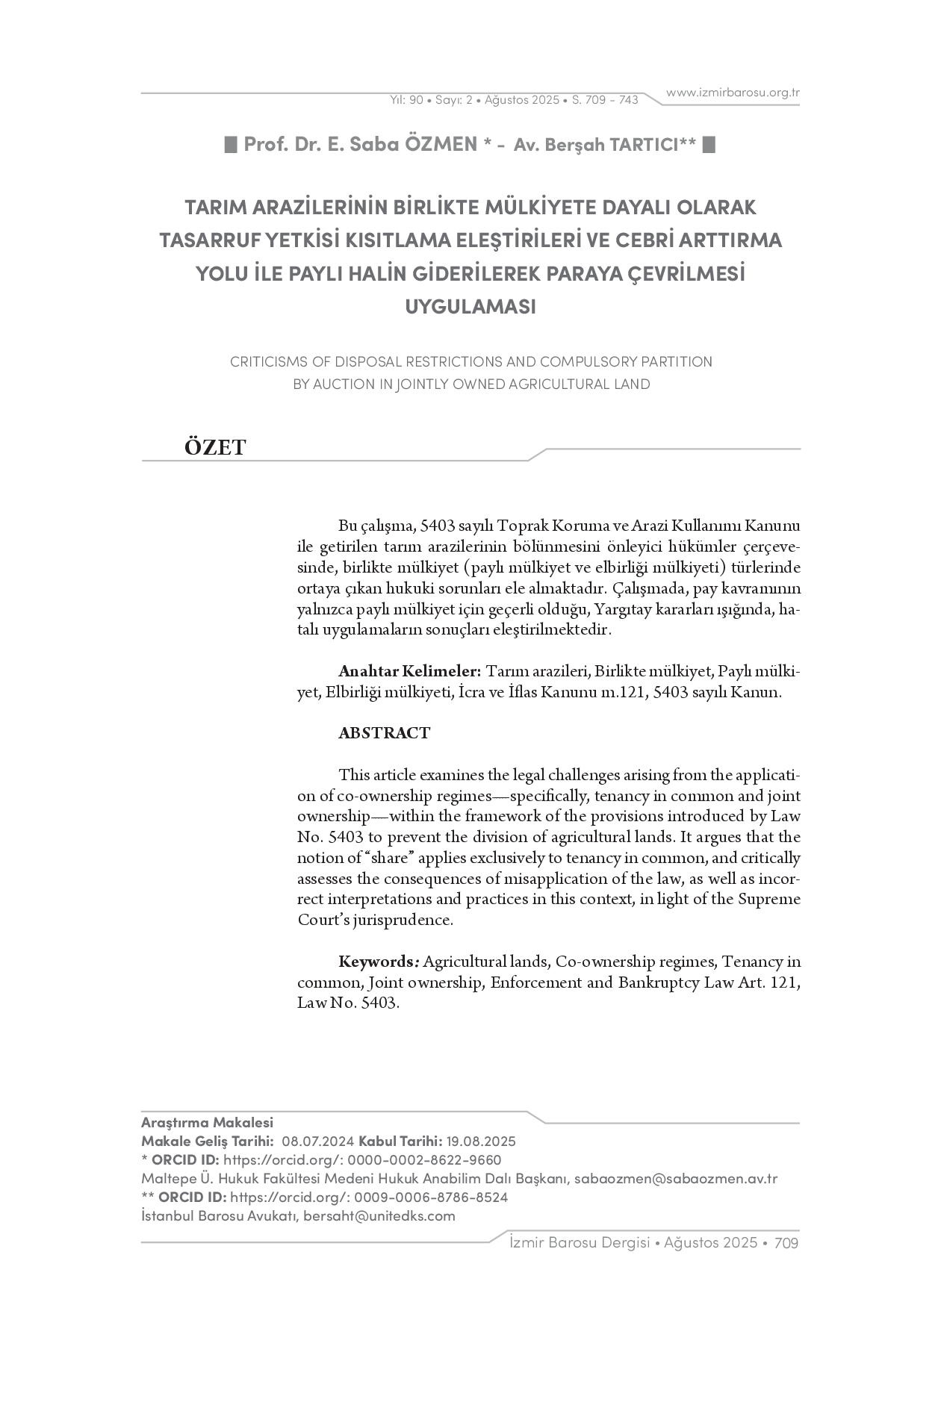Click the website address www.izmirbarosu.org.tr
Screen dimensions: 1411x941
pos(733,93)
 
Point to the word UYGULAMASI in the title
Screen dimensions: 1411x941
pos(470,307)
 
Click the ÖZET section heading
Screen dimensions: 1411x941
pos(215,447)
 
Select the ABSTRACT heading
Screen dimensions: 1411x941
pos(384,733)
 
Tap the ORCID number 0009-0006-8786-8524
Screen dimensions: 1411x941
pos(431,1197)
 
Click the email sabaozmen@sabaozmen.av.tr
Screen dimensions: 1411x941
pos(675,1179)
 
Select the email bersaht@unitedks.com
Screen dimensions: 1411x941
pos(379,1216)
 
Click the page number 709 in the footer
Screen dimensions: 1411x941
pos(786,1243)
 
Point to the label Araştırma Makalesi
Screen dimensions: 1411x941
pos(207,1123)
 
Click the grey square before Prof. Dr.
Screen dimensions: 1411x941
pos(232,145)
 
